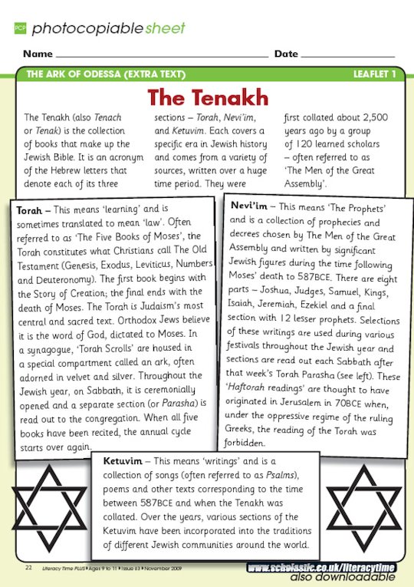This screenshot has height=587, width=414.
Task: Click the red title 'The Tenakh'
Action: (x=208, y=98)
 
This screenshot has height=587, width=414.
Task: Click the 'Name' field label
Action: (x=38, y=54)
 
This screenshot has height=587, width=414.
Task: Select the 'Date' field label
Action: (x=286, y=54)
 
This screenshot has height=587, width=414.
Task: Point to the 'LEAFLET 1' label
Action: (x=374, y=74)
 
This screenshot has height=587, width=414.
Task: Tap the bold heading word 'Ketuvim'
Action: (x=123, y=461)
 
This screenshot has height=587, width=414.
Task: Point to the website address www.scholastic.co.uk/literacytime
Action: (x=321, y=568)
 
